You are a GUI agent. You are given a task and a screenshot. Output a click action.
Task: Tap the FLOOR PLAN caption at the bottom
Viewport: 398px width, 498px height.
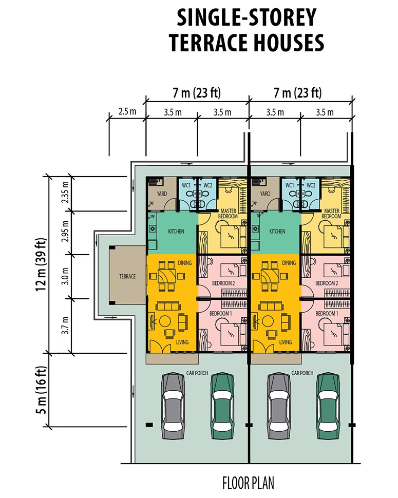[x=248, y=483]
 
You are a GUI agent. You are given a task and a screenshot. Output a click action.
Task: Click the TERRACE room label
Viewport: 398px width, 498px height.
[x=127, y=277]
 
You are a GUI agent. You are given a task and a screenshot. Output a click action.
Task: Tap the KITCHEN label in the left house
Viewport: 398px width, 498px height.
[x=176, y=232]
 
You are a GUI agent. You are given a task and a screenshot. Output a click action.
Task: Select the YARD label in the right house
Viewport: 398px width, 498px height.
[x=265, y=194]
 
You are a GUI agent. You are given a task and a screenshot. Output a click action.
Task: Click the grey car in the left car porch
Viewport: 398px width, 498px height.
[x=173, y=404]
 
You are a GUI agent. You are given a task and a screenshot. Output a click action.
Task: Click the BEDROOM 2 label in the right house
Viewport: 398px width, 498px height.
[x=327, y=283]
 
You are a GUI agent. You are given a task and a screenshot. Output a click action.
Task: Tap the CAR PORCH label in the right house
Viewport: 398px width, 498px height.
[x=302, y=373]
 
